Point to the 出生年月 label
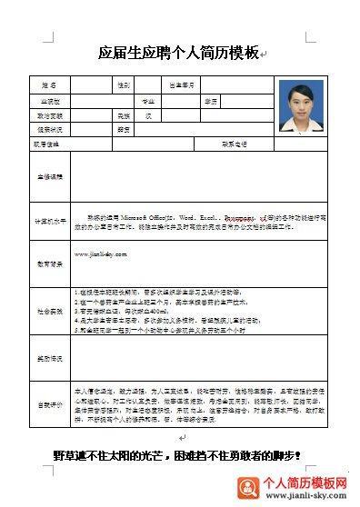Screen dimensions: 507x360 pyautogui.click(x=183, y=85)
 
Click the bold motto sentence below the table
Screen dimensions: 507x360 pyautogui.click(x=175, y=453)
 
